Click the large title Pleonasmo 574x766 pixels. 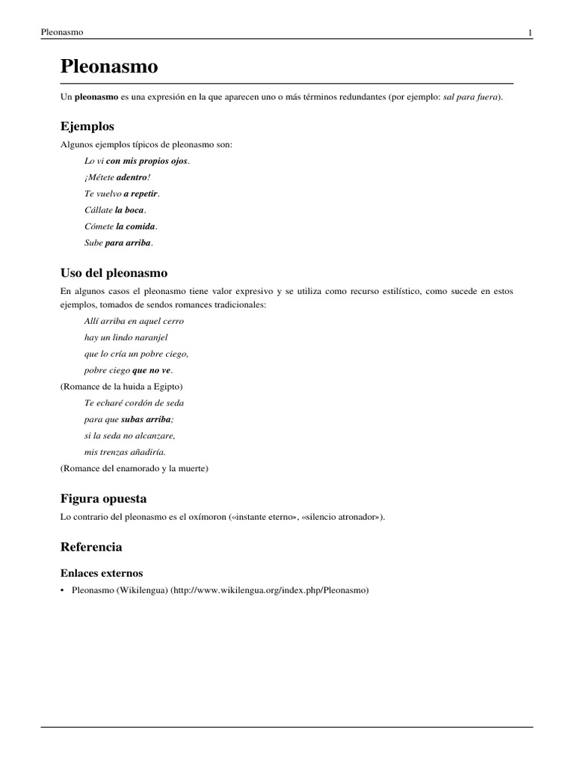pyautogui.click(x=109, y=67)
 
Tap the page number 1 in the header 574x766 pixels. pyautogui.click(x=530, y=33)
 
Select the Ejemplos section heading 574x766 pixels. pyautogui.click(x=87, y=126)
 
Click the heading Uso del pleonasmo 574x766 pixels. pyautogui.click(x=114, y=272)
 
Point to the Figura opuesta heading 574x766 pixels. pyautogui.click(x=103, y=498)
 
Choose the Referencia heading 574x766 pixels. pyautogui.click(x=91, y=547)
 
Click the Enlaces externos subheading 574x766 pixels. pyautogui.click(x=102, y=572)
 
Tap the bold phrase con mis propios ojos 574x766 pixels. pyautogui.click(x=147, y=161)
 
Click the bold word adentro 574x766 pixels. pyautogui.click(x=132, y=177)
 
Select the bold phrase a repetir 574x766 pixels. pyautogui.click(x=141, y=193)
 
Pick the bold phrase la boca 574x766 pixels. pyautogui.click(x=129, y=209)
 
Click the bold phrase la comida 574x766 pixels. pyautogui.click(x=135, y=226)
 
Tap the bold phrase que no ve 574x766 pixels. pyautogui.click(x=152, y=370)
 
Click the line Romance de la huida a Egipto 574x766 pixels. pyautogui.click(x=122, y=387)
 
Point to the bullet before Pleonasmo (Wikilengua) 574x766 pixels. pyautogui.click(x=63, y=590)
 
